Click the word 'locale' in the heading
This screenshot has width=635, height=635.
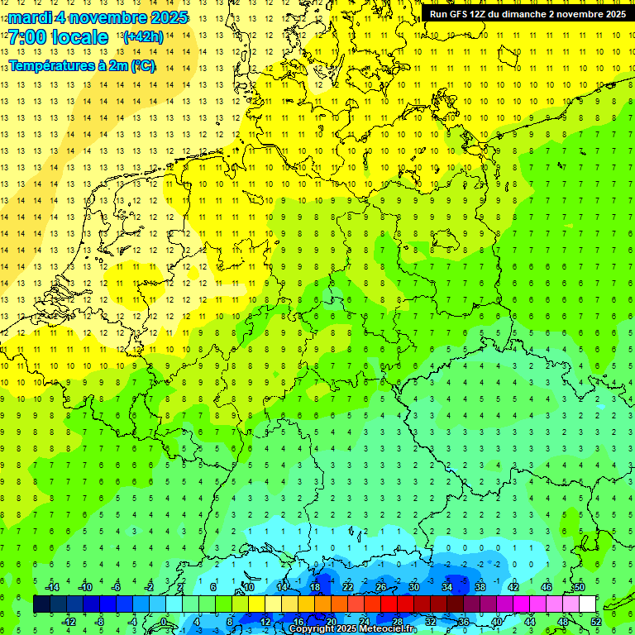click(79, 37)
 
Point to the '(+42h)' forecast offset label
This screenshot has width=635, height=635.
click(142, 37)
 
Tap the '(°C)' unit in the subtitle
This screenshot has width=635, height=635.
click(141, 65)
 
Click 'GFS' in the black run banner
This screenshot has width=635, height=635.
click(457, 14)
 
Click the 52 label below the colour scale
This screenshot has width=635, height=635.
click(596, 622)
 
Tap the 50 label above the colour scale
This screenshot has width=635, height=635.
click(580, 587)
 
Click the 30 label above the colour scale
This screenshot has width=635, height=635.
click(414, 587)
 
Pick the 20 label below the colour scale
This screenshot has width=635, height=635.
click(332, 622)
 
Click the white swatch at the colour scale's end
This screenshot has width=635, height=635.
click(588, 604)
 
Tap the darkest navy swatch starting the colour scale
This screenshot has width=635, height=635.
click(42, 604)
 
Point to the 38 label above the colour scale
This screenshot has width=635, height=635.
click(480, 587)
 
